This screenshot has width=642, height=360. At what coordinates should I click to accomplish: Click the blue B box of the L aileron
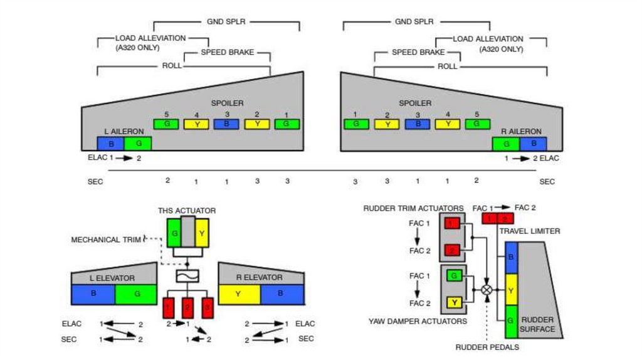[110, 144]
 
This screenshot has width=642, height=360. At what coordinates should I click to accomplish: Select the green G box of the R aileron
[505, 144]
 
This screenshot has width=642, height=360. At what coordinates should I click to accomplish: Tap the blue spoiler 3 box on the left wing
[226, 124]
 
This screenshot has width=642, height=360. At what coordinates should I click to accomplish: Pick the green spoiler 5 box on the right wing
[477, 124]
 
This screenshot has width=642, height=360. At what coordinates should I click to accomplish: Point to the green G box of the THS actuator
[174, 233]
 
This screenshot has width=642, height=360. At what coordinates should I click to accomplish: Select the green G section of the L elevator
[135, 294]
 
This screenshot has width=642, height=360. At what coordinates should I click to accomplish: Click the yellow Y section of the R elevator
[239, 294]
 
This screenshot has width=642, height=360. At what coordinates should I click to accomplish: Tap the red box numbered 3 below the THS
[208, 307]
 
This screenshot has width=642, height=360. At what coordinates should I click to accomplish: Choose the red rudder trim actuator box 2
[451, 251]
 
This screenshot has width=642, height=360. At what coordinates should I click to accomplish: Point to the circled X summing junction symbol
[487, 290]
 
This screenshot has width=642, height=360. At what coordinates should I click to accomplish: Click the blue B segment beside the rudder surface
[511, 257]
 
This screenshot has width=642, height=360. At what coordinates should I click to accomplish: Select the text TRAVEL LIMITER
[530, 231]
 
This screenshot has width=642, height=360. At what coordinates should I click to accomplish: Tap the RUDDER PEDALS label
[487, 347]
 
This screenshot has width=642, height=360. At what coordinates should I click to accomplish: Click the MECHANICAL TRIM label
[104, 240]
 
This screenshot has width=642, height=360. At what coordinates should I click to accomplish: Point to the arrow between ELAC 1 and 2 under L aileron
[123, 159]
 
